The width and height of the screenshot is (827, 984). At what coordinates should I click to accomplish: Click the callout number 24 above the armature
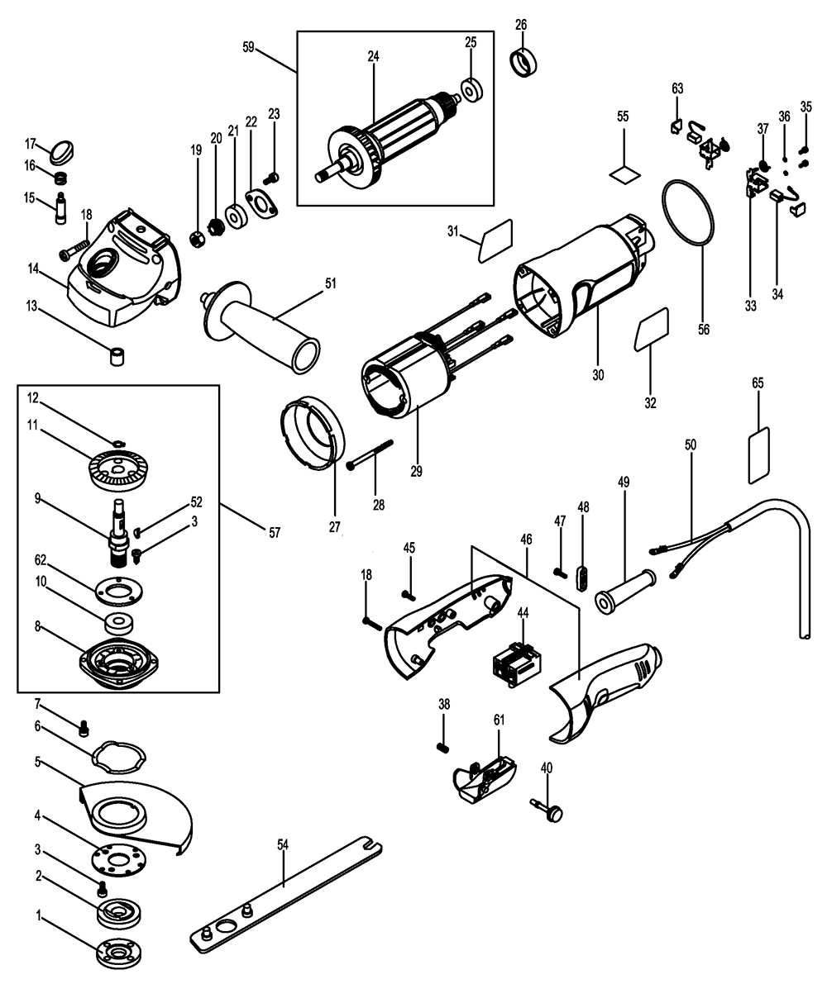pyautogui.click(x=373, y=57)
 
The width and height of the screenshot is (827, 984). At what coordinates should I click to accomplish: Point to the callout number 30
pyautogui.click(x=598, y=375)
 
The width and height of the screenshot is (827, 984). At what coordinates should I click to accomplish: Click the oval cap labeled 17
pyautogui.click(x=62, y=152)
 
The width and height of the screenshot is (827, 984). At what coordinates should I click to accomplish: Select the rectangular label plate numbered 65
pyautogui.click(x=759, y=454)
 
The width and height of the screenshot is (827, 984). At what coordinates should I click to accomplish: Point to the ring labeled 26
pyautogui.click(x=523, y=62)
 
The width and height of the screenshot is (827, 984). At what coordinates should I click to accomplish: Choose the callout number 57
pyautogui.click(x=274, y=534)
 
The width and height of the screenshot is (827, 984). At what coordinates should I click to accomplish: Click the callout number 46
pyautogui.click(x=526, y=539)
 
